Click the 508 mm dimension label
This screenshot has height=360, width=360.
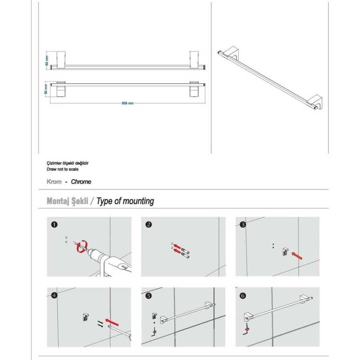click(x=128, y=103)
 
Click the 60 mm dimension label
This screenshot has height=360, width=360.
click(x=47, y=60)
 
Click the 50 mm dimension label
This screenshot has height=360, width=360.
click(x=46, y=89)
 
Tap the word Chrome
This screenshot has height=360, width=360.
click(x=81, y=182)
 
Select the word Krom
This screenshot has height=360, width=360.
click(x=54, y=182)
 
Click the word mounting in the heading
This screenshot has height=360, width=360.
click(x=137, y=201)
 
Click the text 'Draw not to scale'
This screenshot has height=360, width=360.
click(x=62, y=169)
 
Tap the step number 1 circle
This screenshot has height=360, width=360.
click(x=54, y=224)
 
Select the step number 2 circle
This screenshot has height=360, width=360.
click(x=148, y=224)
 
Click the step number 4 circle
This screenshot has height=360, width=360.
click(x=54, y=295)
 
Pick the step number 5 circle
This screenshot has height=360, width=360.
click(x=148, y=296)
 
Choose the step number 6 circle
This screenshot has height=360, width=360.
click(x=243, y=296)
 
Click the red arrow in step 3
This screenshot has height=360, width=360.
click(x=297, y=256)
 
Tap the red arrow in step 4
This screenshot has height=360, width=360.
click(x=112, y=322)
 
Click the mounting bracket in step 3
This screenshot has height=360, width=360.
click(x=285, y=252)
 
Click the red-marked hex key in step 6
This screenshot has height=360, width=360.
click(x=246, y=330)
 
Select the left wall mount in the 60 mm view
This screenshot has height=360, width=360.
click(x=61, y=60)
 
